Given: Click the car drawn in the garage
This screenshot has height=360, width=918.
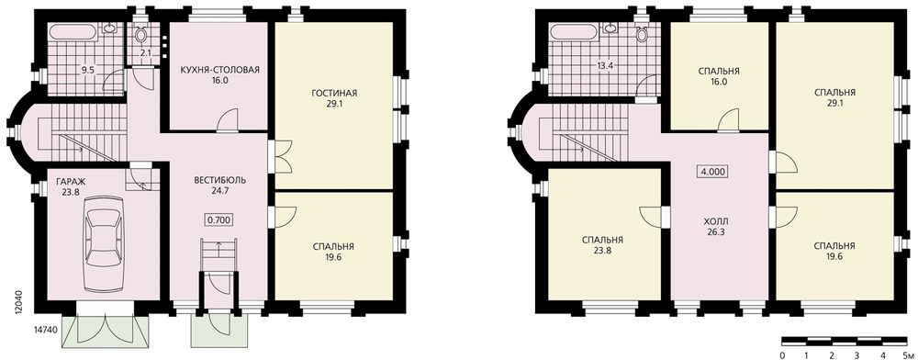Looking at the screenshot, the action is pyautogui.click(x=103, y=243).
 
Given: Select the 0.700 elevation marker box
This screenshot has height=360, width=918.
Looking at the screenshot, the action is pyautogui.click(x=219, y=220).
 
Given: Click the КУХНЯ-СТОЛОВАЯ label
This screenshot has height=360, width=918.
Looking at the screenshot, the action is pyautogui.click(x=220, y=70).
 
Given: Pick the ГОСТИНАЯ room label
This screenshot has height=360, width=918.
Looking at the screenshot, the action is pyautogui.click(x=334, y=93).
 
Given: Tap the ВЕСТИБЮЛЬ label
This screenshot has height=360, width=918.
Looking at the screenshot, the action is pyautogui.click(x=219, y=180).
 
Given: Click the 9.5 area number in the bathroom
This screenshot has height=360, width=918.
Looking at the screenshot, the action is pyautogui.click(x=88, y=70).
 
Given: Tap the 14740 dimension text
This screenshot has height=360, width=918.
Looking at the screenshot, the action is pyautogui.click(x=41, y=330).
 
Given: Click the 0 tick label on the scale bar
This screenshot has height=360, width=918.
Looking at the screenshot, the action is pyautogui.click(x=782, y=354).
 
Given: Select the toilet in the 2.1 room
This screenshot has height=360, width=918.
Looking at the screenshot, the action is pyautogui.click(x=140, y=34).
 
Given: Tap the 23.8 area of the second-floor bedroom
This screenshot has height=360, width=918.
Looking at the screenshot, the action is pyautogui.click(x=602, y=251).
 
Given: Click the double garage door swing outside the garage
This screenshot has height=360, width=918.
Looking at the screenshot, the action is pyautogui.click(x=106, y=332).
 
